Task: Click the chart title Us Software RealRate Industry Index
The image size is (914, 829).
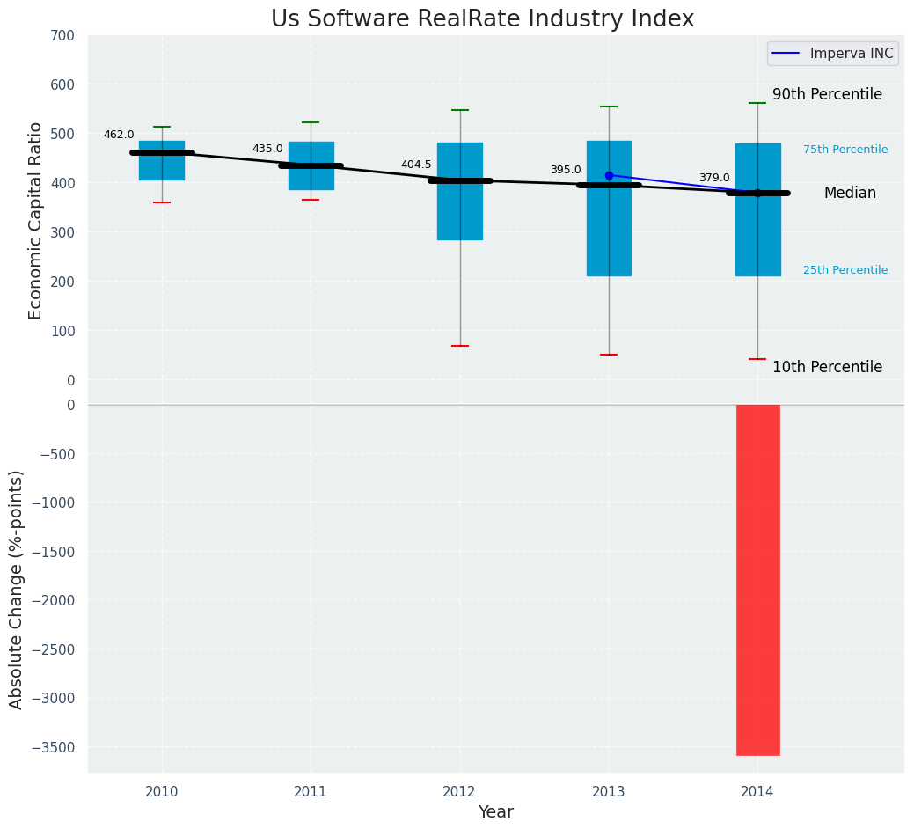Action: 482,19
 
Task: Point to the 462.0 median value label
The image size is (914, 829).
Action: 119,136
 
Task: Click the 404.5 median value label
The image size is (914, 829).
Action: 416,165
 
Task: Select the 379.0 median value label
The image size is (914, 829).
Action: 714,179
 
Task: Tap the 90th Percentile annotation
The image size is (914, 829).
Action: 827,95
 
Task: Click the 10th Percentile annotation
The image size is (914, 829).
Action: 827,368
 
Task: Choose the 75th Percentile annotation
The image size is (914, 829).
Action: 845,150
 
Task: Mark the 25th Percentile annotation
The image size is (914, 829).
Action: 845,271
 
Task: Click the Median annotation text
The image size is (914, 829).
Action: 850,194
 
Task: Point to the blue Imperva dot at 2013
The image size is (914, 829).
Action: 609,176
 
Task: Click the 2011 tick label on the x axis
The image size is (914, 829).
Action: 311,792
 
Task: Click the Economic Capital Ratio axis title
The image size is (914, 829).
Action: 36,220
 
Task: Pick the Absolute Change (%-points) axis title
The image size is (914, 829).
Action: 17,589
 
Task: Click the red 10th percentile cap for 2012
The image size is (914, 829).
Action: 459,346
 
